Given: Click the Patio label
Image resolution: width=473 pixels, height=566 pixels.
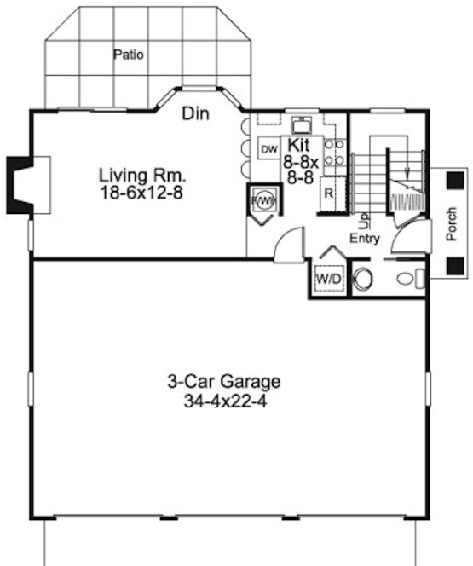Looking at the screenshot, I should coord(129,55).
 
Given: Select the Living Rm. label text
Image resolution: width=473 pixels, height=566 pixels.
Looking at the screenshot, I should coord(141,176).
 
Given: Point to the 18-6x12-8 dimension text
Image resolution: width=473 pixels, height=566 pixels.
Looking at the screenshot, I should coord(141,193).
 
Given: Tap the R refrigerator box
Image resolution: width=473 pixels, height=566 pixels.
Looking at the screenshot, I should coord(328,193).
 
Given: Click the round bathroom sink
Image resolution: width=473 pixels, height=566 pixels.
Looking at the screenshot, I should coord(363,279).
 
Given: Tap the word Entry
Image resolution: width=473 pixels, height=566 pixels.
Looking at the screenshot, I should coord(364,239).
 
